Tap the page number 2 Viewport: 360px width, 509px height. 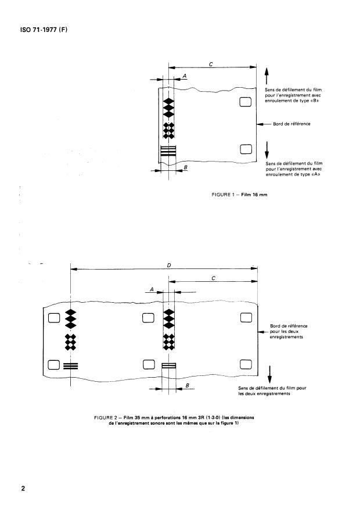click(23, 488)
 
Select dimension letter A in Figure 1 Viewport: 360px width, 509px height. click(184, 76)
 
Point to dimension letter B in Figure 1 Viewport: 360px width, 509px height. click(185, 167)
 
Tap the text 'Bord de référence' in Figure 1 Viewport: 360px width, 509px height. click(291, 124)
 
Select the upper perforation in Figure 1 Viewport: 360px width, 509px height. click(244, 102)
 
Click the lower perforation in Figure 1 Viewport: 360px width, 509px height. click(244, 151)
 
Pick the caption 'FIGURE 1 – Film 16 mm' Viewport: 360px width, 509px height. click(239, 194)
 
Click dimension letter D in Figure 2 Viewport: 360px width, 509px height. click(168, 265)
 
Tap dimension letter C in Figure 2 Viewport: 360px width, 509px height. click(214, 278)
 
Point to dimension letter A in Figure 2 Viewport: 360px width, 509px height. click(152, 289)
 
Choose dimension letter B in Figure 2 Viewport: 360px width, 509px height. click(188, 385)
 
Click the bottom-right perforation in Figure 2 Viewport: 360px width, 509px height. click(246, 365)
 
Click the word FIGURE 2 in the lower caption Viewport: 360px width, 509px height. click(106, 417)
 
